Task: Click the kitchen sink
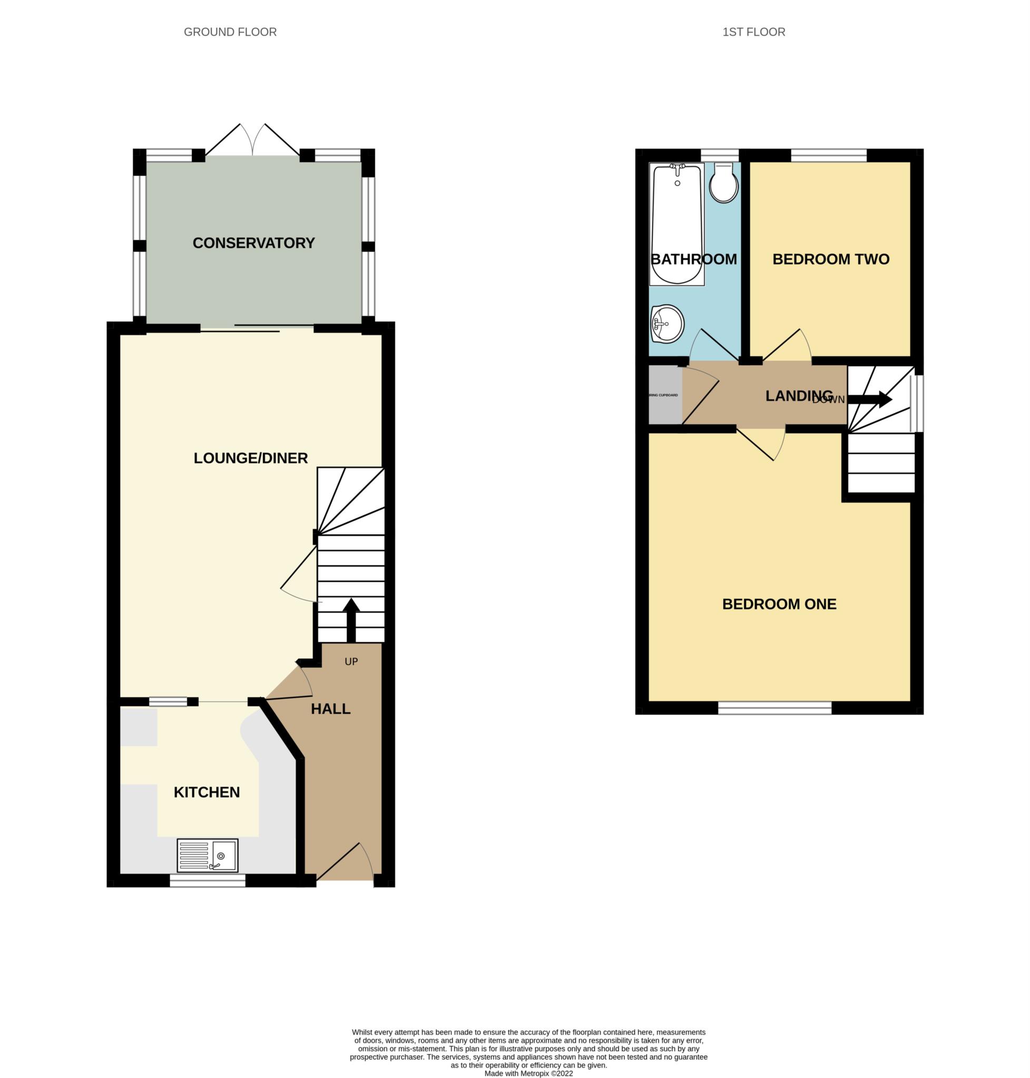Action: coord(207,855)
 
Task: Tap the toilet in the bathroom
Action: coord(724,185)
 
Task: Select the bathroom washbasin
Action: coord(666,324)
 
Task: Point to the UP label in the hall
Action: coord(351,662)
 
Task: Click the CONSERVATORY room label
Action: coord(253,243)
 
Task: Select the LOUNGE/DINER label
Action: coord(250,458)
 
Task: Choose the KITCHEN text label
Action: coord(207,792)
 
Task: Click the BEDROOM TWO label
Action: coord(830,259)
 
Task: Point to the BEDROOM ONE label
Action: coord(779,604)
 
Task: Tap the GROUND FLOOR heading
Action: coord(230,32)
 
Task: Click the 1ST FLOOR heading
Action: coord(753,32)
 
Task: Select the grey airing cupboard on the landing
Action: coord(665,395)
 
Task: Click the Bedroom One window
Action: coord(774,709)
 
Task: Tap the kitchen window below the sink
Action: coord(207,881)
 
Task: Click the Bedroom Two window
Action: coord(828,155)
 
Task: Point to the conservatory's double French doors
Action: coord(252,142)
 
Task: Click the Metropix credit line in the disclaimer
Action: coord(528,1074)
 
